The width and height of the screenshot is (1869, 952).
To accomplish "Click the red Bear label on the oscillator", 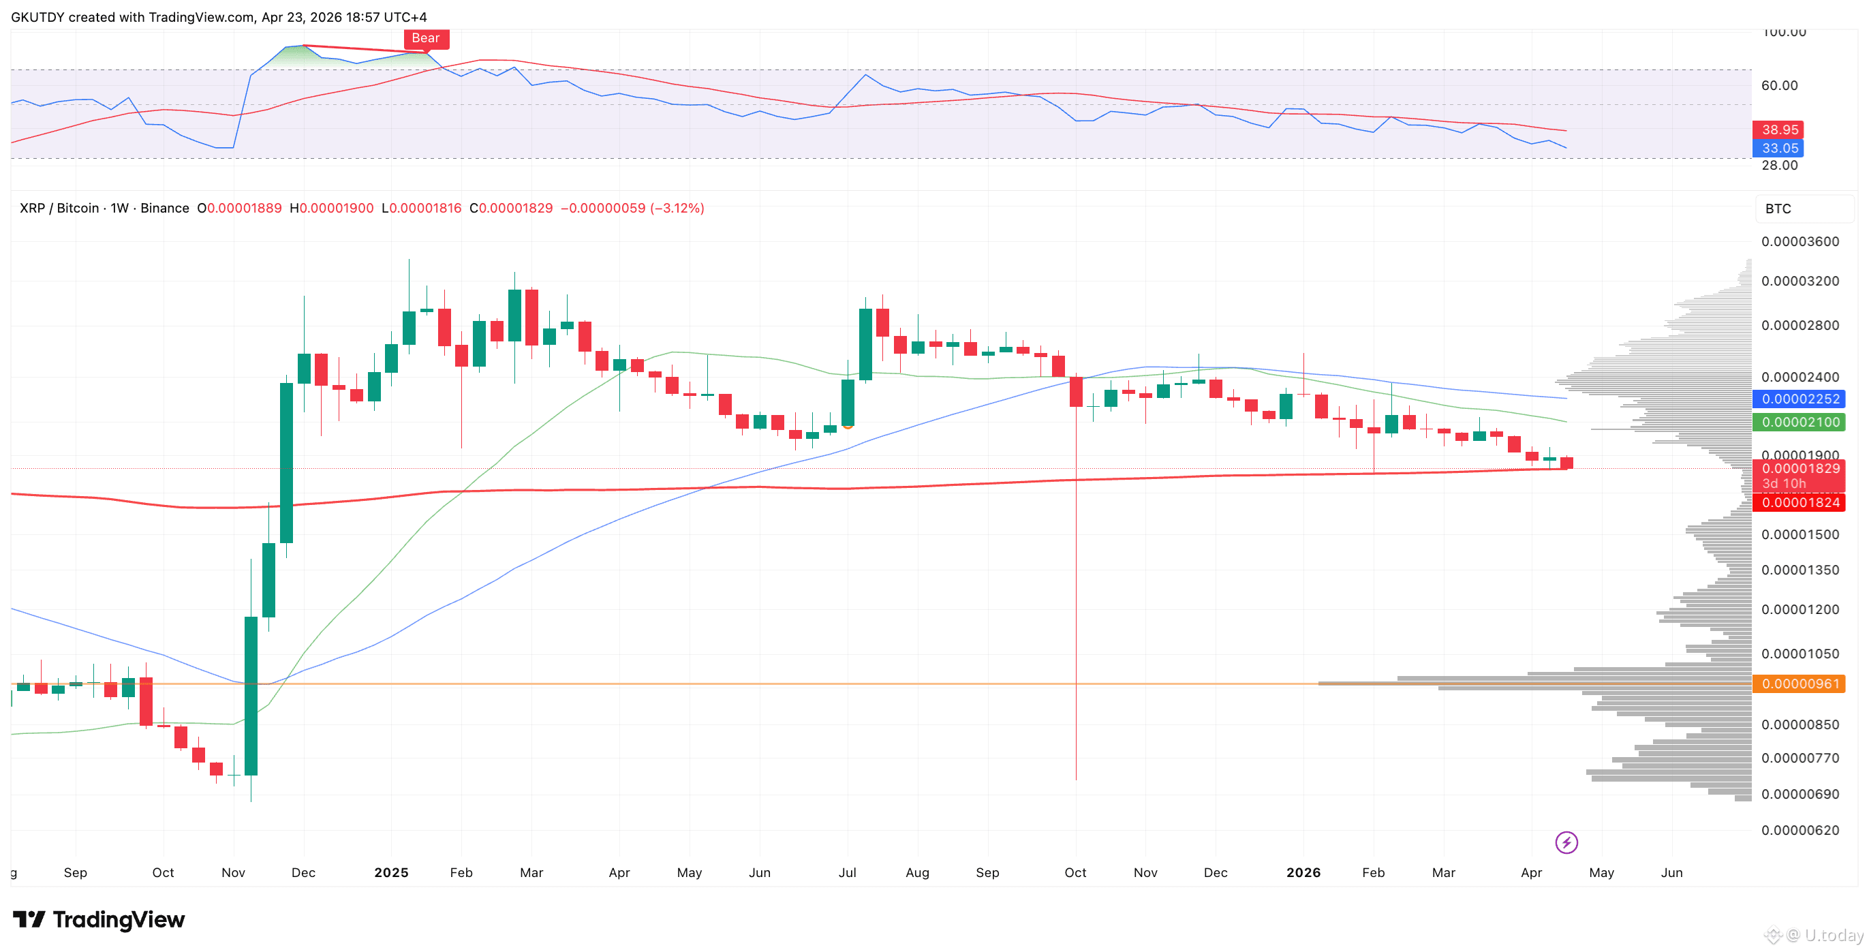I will [x=426, y=38].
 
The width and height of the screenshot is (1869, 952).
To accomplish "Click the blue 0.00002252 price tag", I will [x=1800, y=399].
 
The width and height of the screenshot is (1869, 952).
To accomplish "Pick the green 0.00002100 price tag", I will [x=1800, y=423].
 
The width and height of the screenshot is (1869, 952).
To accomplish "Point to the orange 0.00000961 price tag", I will [x=1800, y=684].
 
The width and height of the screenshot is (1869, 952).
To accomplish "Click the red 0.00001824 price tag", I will [x=1800, y=503].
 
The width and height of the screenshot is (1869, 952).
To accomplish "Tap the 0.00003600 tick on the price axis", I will [x=1800, y=242].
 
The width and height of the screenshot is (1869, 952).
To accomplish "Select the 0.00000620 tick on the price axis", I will [x=1800, y=830].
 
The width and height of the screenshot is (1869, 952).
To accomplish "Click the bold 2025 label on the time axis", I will [x=391, y=872].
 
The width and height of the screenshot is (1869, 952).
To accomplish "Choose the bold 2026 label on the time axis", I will [x=1303, y=872].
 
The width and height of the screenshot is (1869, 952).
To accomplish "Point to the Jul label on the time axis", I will [x=847, y=872].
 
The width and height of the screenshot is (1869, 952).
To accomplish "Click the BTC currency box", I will [x=1778, y=209].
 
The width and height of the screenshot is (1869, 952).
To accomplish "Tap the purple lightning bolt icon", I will [x=1566, y=842].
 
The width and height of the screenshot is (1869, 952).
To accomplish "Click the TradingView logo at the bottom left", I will [x=99, y=919].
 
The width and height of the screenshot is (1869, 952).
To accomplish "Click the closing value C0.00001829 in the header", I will [x=511, y=209].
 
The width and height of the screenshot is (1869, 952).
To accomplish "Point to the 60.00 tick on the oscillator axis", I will [x=1779, y=86].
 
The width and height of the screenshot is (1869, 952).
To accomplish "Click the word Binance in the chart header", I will [x=165, y=209].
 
